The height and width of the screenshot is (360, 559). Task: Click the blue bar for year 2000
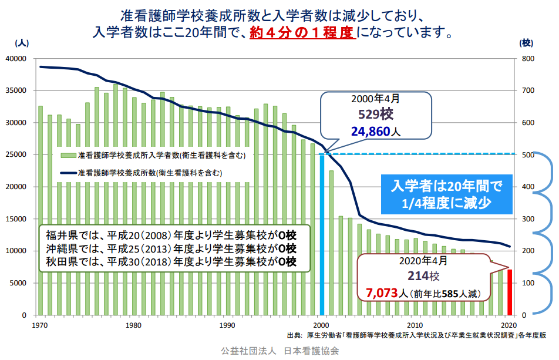[322, 235]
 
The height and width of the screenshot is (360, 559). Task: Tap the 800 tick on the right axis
[527, 59]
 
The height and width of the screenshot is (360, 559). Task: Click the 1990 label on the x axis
[227, 325]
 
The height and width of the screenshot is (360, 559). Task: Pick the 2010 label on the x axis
[415, 325]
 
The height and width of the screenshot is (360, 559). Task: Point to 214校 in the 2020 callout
[425, 275]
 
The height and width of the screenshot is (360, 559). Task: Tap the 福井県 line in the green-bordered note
[170, 235]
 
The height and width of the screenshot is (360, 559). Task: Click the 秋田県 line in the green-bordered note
[170, 261]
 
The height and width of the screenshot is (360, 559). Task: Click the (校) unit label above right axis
[526, 43]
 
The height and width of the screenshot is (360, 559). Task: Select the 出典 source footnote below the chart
[416, 336]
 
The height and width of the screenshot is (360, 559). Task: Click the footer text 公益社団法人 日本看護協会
[279, 351]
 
